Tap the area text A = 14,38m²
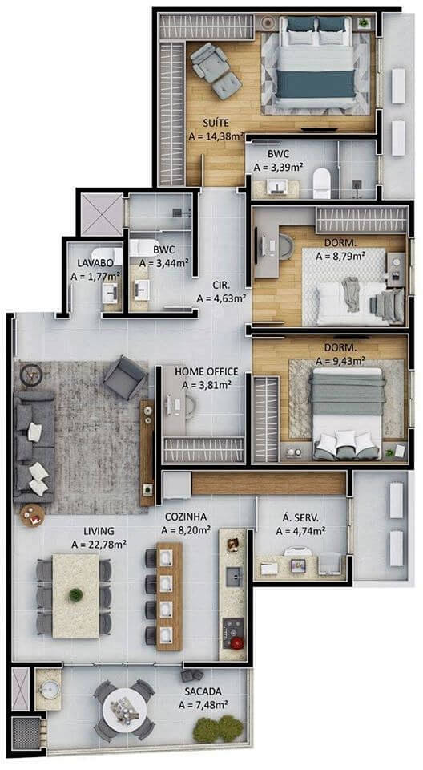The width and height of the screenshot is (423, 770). (216, 137)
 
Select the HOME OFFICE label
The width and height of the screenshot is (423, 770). (207, 371)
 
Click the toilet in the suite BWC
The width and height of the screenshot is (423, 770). (322, 182)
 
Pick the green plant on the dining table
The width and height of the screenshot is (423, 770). (75, 594)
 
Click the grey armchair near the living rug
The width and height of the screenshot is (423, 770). (125, 376)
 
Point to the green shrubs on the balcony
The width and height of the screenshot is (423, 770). (219, 728)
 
